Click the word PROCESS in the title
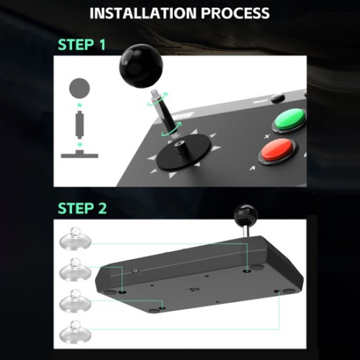point(236,12)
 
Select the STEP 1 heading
point(82,45)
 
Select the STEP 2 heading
point(82,209)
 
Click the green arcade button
point(289,120)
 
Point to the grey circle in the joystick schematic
point(80,87)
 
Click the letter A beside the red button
point(252,167)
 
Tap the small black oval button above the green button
point(278,98)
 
